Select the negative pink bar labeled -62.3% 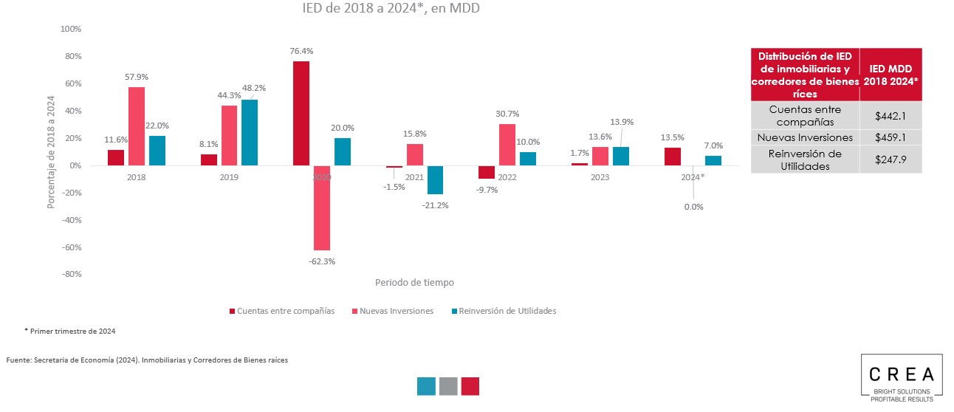(321, 208)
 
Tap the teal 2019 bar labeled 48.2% (250, 132)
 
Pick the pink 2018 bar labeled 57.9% (137, 126)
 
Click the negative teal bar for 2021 (435, 179)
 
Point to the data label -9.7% (487, 190)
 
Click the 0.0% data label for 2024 (693, 207)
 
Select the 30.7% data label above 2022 (507, 114)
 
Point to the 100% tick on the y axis (69, 29)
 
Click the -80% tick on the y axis (69, 274)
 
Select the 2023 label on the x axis (600, 178)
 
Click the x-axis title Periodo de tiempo (414, 282)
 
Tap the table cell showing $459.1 (890, 137)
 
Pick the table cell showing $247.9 (890, 159)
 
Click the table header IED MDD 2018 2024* (890, 75)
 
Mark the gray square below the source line (448, 386)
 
